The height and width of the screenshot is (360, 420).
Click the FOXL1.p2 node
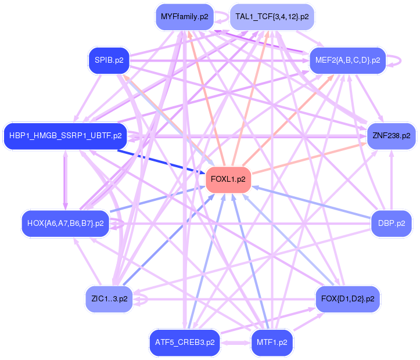click(228, 179)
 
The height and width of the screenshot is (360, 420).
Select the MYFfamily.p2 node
click(185, 17)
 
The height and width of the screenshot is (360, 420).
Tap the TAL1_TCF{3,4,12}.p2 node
click(272, 17)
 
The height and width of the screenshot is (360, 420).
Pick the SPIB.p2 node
click(109, 60)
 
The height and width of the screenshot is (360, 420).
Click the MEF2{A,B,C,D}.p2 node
click(348, 60)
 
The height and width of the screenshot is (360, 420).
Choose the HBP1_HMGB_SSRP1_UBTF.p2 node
click(66, 136)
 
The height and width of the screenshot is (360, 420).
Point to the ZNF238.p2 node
click(392, 136)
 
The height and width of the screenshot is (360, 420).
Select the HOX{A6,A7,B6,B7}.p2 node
click(66, 223)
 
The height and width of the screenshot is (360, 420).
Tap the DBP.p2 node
click(392, 223)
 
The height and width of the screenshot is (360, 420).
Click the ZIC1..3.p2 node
click(109, 298)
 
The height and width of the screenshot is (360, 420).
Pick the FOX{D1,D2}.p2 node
click(348, 298)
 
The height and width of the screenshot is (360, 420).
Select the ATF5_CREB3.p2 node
click(185, 343)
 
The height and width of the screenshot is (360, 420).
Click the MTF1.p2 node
click(272, 343)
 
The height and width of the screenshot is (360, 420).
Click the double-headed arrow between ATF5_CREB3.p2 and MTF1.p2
click(236, 343)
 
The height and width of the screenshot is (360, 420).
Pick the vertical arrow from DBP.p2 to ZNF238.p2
click(392, 180)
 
